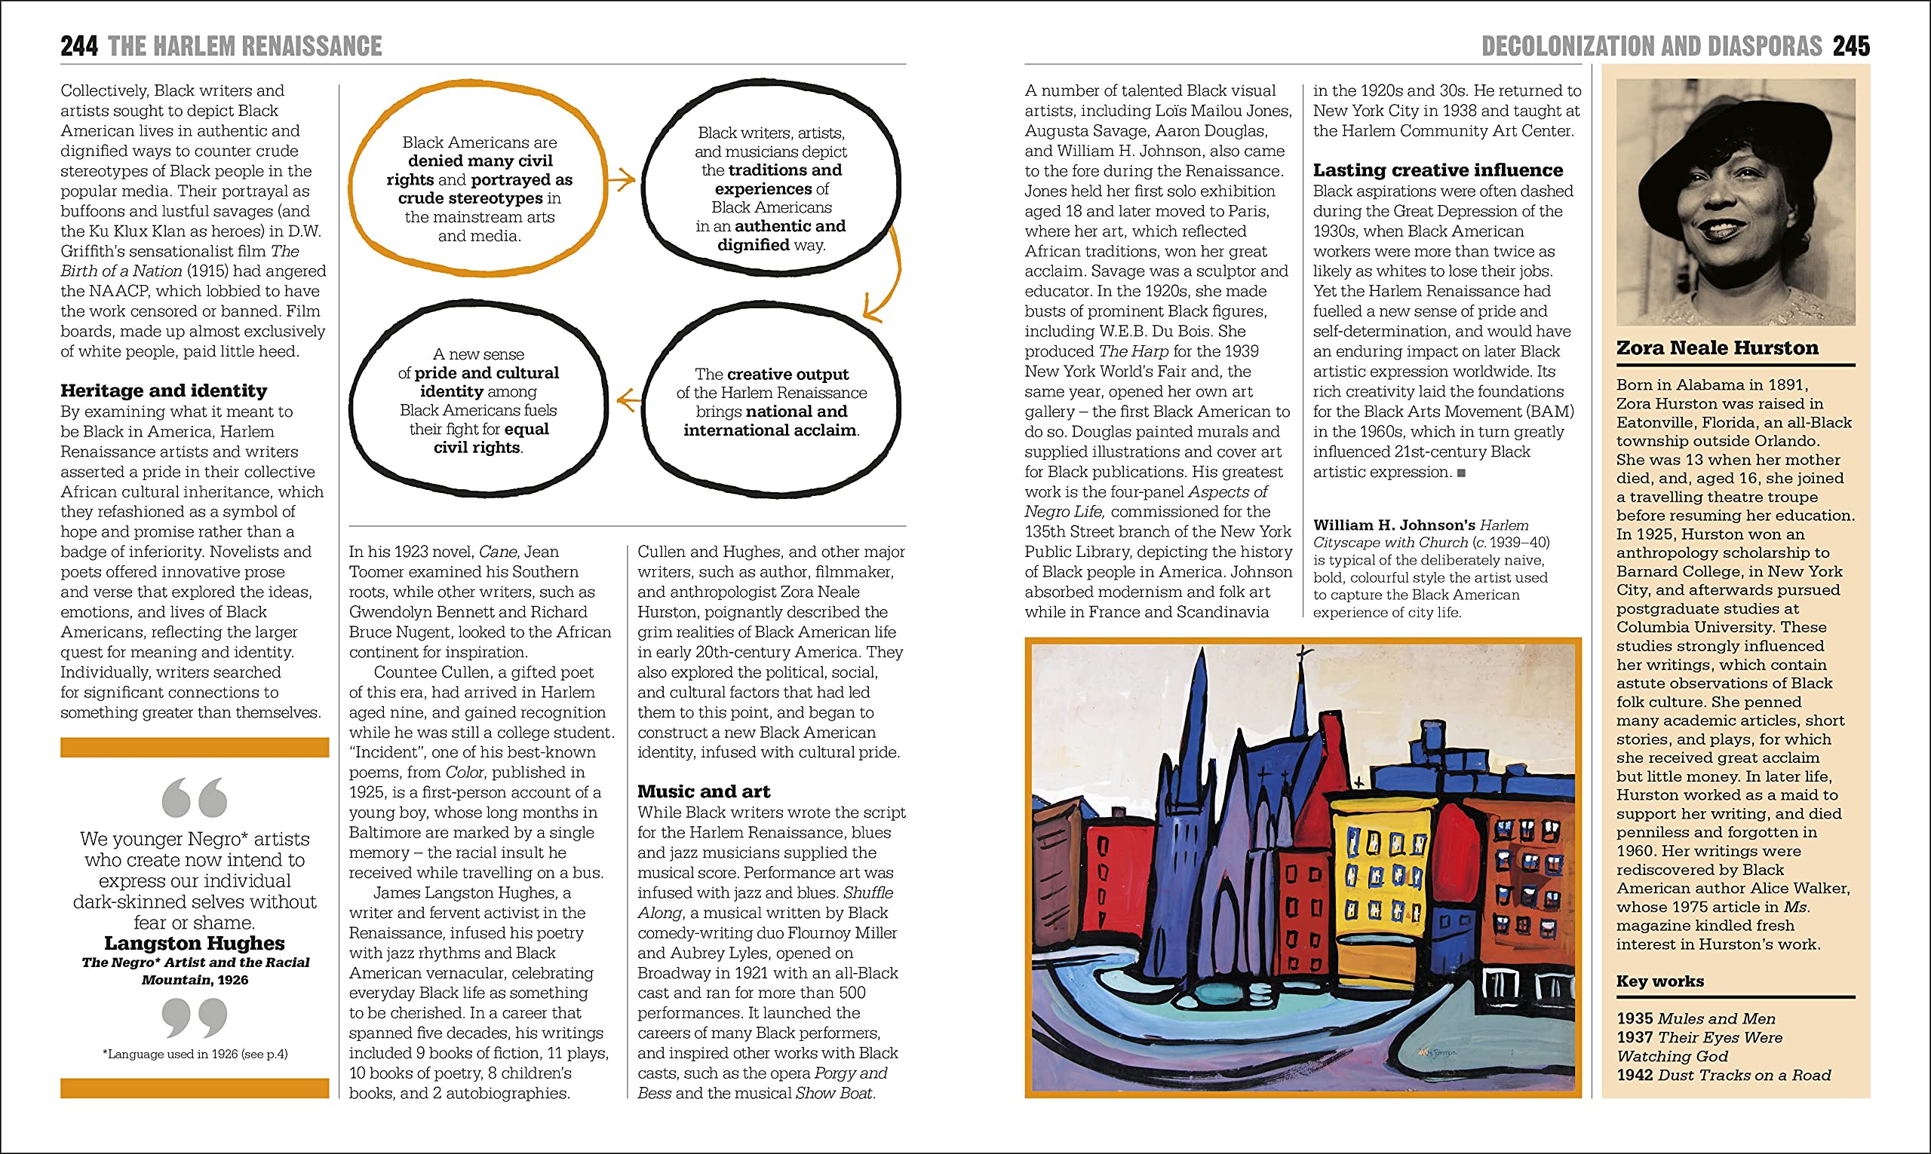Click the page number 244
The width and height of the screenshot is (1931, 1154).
(x=79, y=46)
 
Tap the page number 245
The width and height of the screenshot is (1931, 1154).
(x=1851, y=46)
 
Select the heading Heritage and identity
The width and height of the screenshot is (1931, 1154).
(x=164, y=390)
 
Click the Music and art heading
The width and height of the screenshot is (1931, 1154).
(x=703, y=791)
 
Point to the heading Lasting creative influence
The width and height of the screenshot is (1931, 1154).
(x=1438, y=170)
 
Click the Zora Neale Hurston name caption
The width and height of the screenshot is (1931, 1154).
(x=1717, y=347)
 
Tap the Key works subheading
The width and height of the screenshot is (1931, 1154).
(x=1659, y=981)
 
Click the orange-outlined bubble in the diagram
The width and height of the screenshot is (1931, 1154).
(x=478, y=188)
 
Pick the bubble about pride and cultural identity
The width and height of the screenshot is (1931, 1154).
(x=478, y=400)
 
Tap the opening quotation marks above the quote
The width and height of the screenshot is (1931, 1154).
(x=195, y=797)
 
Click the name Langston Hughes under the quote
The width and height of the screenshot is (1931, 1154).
(x=195, y=943)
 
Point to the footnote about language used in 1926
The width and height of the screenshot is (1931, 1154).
(x=195, y=1055)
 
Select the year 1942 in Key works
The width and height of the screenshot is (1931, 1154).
(x=1635, y=1076)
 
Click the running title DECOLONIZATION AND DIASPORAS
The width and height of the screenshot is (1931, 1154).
(x=1651, y=46)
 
